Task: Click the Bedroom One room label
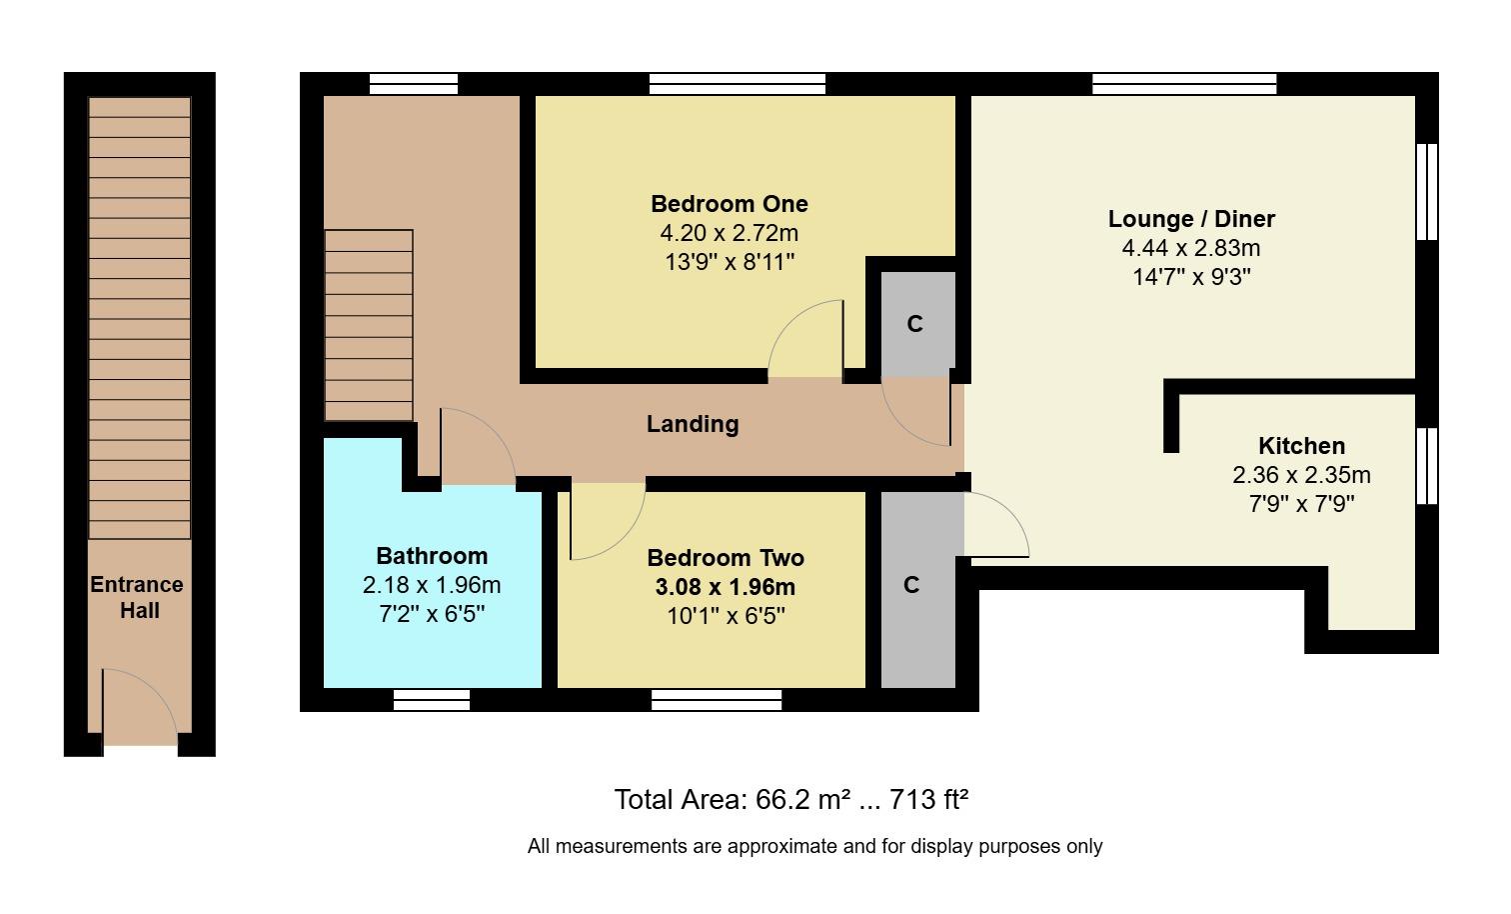click(729, 204)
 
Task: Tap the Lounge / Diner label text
click(1191, 219)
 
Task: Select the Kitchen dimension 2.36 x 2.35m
click(1301, 475)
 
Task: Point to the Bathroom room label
click(432, 556)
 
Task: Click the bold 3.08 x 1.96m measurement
click(726, 587)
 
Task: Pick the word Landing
click(693, 424)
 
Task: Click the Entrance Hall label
click(138, 597)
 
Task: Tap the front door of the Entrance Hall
click(140, 708)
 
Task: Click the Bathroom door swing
click(476, 447)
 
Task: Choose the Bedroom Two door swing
click(606, 520)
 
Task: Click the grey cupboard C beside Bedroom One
click(914, 324)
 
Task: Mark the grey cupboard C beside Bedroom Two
click(911, 586)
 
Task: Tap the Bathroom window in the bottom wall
click(432, 700)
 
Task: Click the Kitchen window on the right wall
click(1427, 466)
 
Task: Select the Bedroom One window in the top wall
click(737, 84)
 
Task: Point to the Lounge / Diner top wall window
click(1184, 84)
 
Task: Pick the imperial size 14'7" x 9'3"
click(1191, 277)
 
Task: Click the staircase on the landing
click(369, 325)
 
